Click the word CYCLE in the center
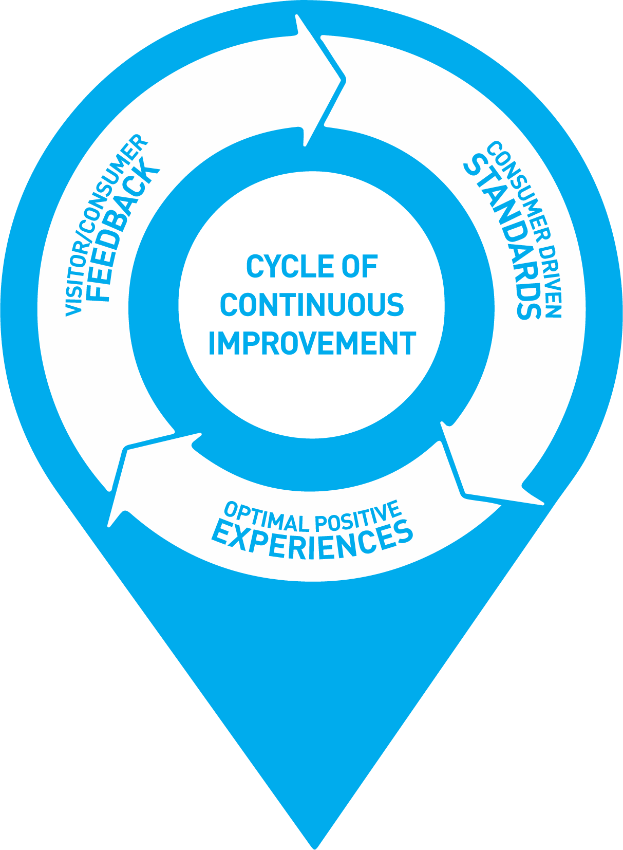(285, 267)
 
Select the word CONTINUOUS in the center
(312, 305)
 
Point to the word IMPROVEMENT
(312, 343)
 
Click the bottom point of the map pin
(314, 846)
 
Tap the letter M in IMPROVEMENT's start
(228, 343)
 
